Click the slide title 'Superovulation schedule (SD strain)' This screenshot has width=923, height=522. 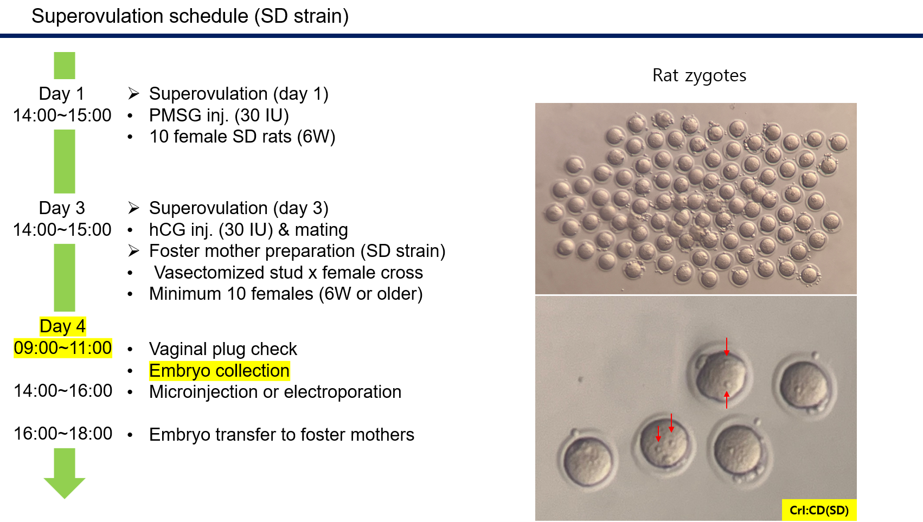pos(190,16)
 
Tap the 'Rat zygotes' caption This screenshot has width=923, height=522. pos(699,75)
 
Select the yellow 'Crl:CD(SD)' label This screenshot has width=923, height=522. pos(819,510)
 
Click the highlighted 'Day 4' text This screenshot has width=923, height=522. pos(62,326)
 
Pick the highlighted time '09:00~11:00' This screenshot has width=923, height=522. pos(62,348)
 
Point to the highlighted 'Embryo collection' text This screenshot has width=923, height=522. pos(219,371)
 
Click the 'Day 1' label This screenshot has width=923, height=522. pos(61,94)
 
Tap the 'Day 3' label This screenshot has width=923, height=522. pos(62,208)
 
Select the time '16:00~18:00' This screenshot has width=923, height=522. pos(63,434)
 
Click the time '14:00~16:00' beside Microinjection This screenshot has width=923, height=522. pos(63,391)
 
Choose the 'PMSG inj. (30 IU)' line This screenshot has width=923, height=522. pos(219,116)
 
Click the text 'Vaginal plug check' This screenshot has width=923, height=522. pos(223,350)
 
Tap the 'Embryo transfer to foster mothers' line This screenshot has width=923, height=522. pos(281,435)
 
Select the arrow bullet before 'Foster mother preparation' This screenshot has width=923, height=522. pos(133,250)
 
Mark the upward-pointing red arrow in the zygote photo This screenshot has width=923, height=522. pos(727,399)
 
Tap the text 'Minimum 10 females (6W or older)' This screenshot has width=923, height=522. pos(286,294)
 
